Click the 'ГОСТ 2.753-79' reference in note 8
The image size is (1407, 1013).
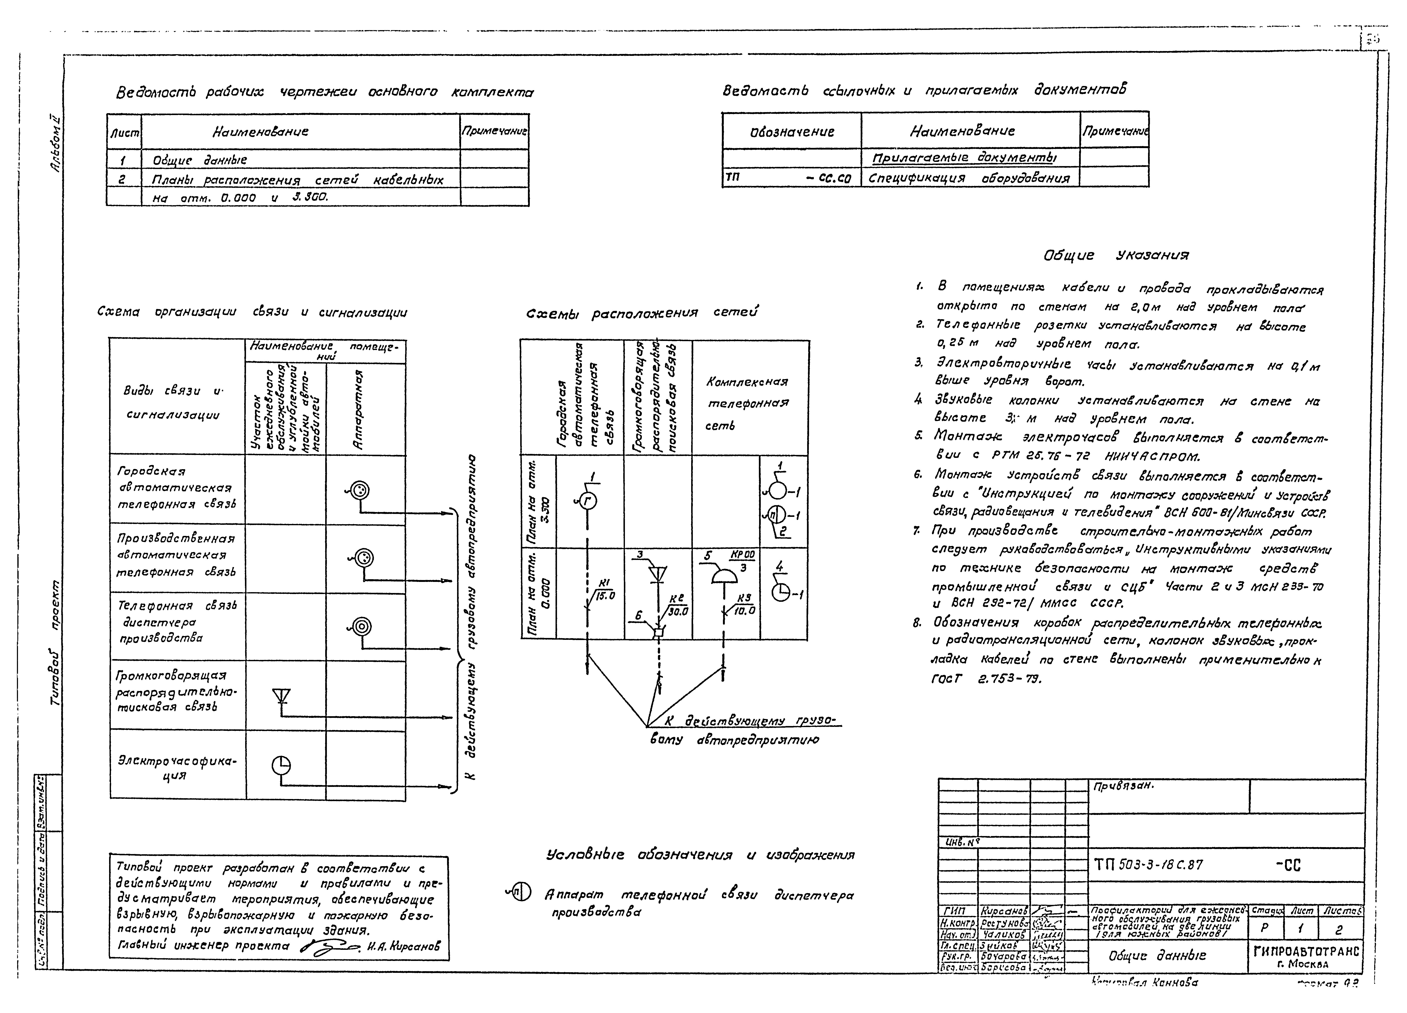click(x=987, y=679)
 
